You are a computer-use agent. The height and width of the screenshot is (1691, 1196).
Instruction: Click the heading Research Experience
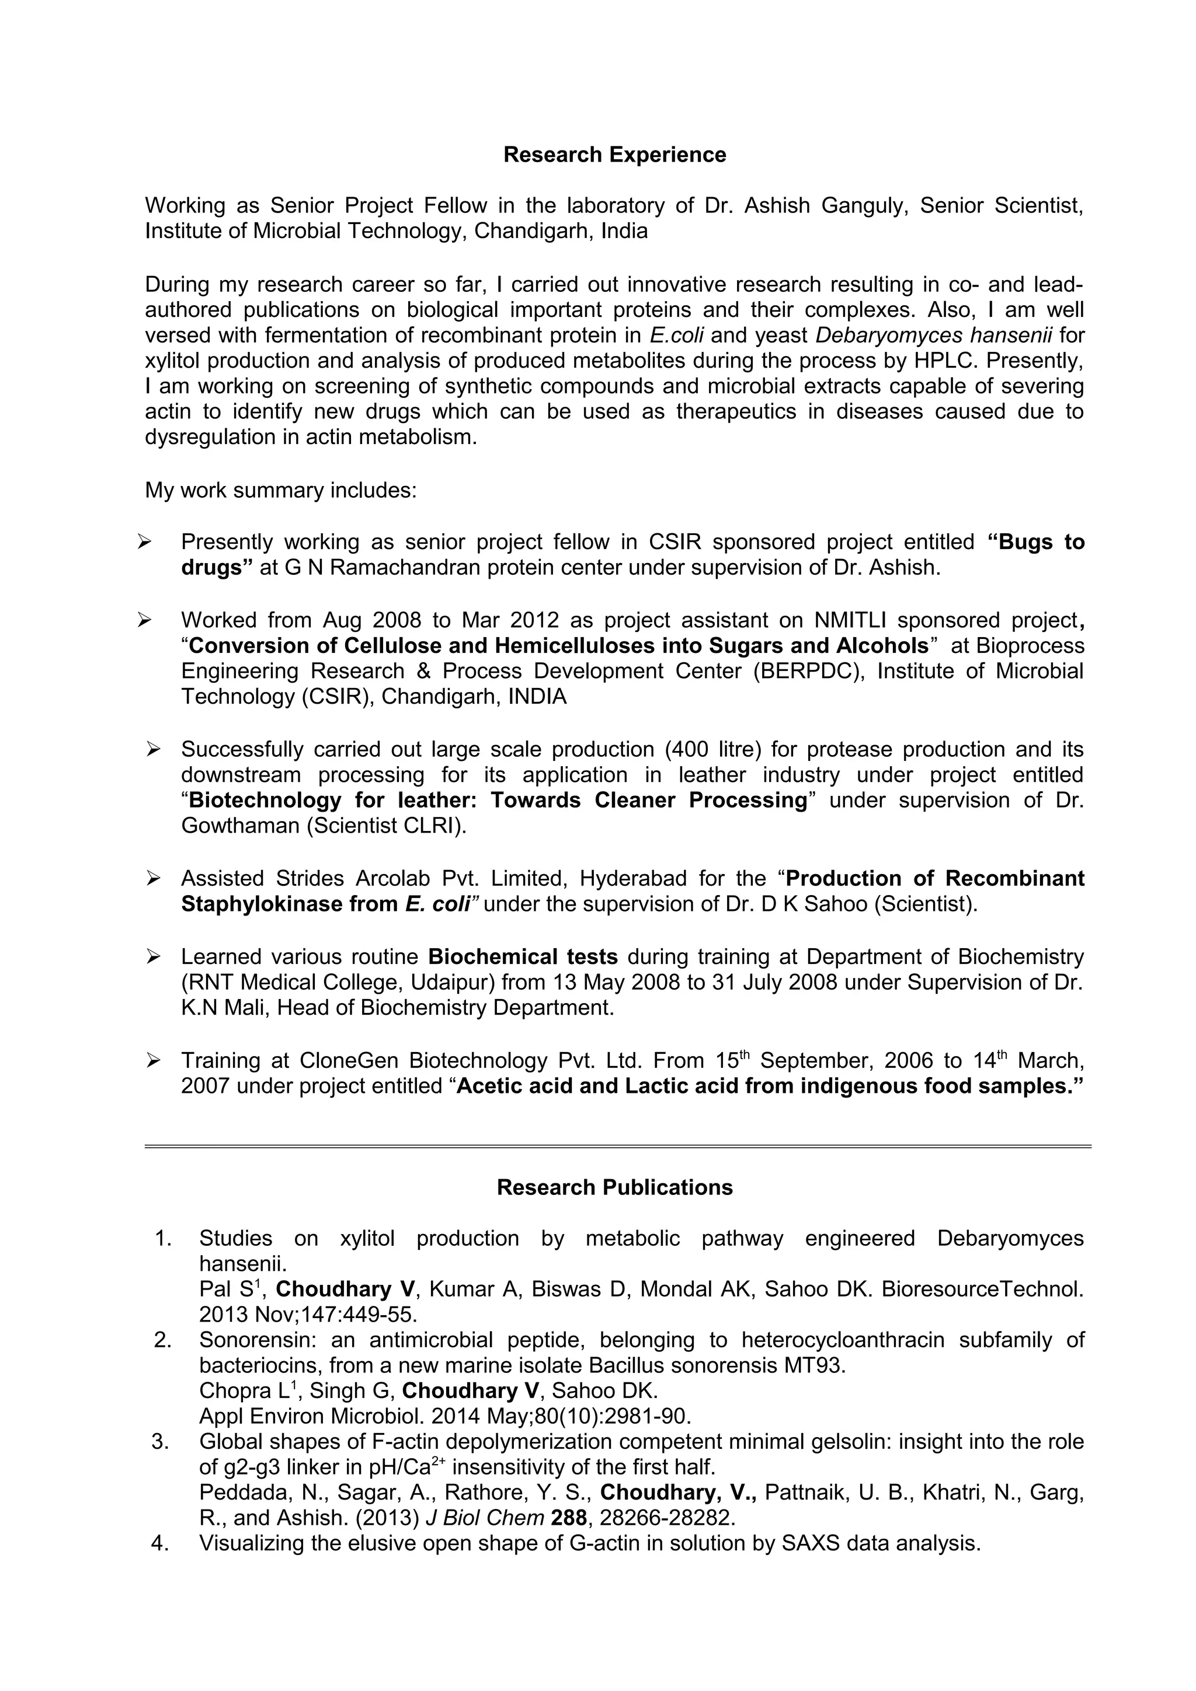pyautogui.click(x=614, y=155)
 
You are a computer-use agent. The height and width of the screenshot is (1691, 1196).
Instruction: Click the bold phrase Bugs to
pyautogui.click(x=1035, y=542)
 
